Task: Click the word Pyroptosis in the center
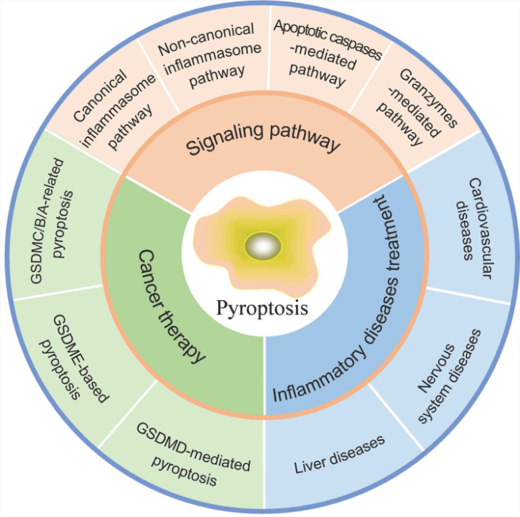tap(262, 308)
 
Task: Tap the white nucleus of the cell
tap(263, 246)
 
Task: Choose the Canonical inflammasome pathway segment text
tap(114, 110)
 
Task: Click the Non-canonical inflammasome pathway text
tap(210, 56)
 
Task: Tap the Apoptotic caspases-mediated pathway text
tap(326, 53)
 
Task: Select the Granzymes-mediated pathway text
tap(417, 107)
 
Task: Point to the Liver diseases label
tap(339, 454)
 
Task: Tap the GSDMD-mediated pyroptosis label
tap(194, 454)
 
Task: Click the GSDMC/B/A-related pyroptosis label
tap(51, 221)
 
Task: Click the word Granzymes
tap(429, 98)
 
